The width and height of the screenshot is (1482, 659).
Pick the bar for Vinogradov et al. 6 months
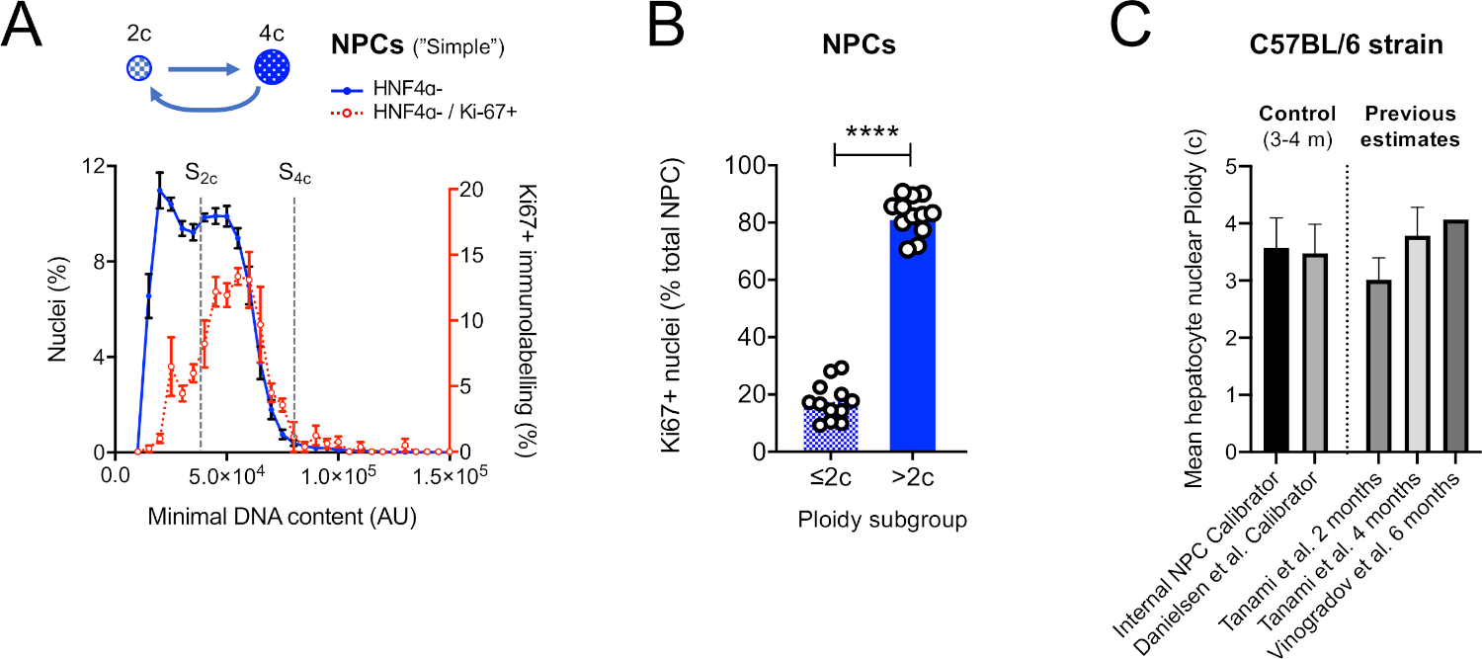(x=1454, y=336)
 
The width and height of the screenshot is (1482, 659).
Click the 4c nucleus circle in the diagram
(x=273, y=66)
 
